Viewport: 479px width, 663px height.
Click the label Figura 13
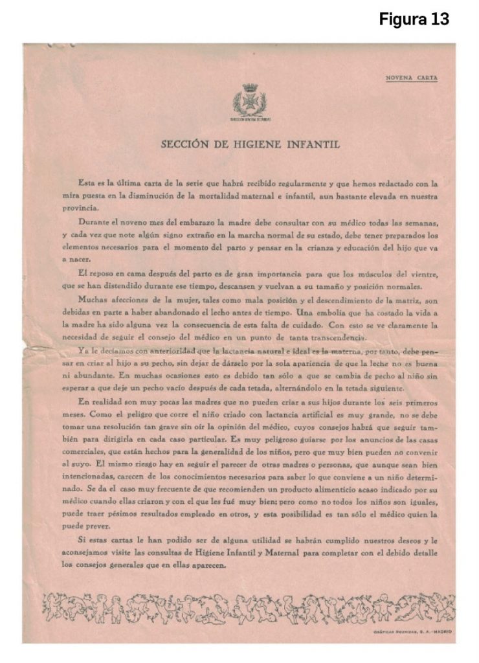point(414,19)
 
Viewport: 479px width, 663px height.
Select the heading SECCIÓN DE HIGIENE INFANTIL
point(250,144)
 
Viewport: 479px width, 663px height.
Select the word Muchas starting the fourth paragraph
point(92,300)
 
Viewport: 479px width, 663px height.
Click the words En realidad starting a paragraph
point(100,401)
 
